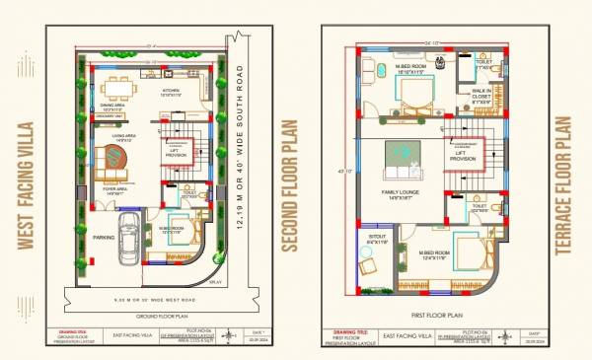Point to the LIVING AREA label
(122, 137)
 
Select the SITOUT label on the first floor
(377, 241)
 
